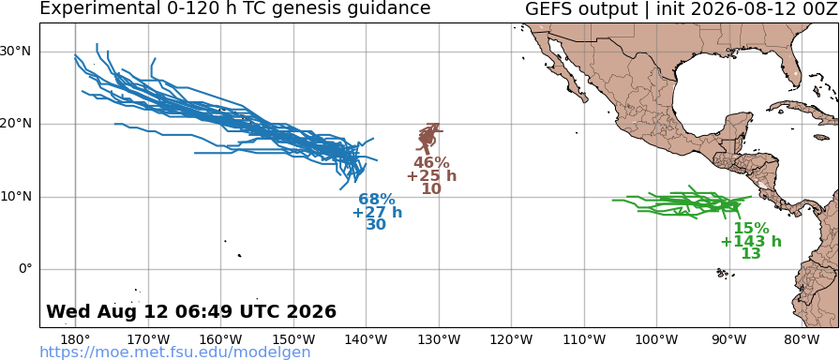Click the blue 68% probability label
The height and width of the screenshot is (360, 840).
pos(377,201)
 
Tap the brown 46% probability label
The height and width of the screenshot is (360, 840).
pos(431,163)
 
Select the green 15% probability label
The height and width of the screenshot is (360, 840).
pos(751,228)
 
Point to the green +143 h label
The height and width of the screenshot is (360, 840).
pos(751,241)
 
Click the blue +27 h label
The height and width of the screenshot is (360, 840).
pos(377,213)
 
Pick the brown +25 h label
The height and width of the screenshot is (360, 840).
pos(431,175)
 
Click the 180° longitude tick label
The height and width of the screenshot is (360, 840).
pos(75,339)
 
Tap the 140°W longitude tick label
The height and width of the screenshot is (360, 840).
pos(367,339)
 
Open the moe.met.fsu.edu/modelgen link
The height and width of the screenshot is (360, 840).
pos(175,352)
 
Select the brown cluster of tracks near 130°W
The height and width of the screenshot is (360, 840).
pos(429,137)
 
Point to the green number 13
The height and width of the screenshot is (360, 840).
pos(751,253)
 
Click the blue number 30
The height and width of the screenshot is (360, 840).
pos(376,225)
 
